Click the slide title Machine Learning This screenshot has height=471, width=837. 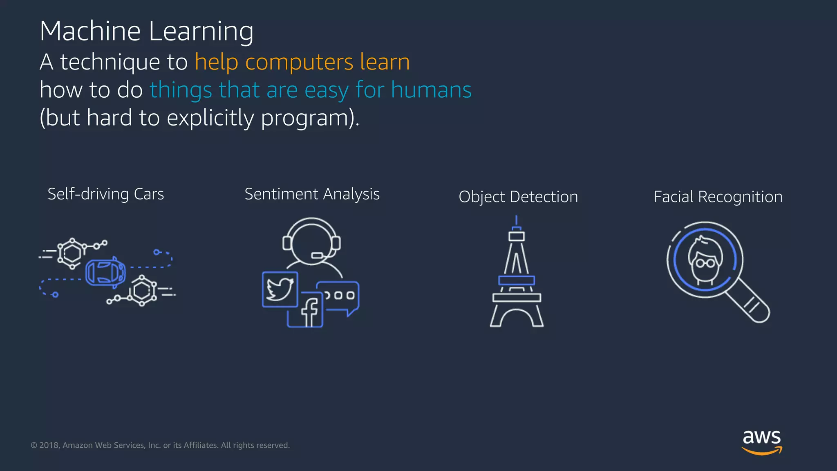pyautogui.click(x=146, y=31)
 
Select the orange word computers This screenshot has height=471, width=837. pyautogui.click(x=299, y=62)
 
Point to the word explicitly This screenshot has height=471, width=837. pyautogui.click(x=210, y=118)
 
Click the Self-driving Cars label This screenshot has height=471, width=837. pyautogui.click(x=105, y=194)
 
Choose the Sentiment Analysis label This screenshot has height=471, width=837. pyautogui.click(x=312, y=194)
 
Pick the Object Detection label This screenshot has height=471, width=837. pyautogui.click(x=518, y=197)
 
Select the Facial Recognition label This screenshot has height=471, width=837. pyautogui.click(x=718, y=197)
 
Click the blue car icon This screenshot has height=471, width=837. pyautogui.click(x=105, y=272)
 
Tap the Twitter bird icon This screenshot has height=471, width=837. pyautogui.click(x=280, y=289)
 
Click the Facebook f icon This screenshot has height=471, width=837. pyautogui.click(x=310, y=312)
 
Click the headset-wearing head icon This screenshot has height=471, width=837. pyautogui.click(x=311, y=242)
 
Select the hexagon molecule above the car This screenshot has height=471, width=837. pyautogui.click(x=72, y=253)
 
